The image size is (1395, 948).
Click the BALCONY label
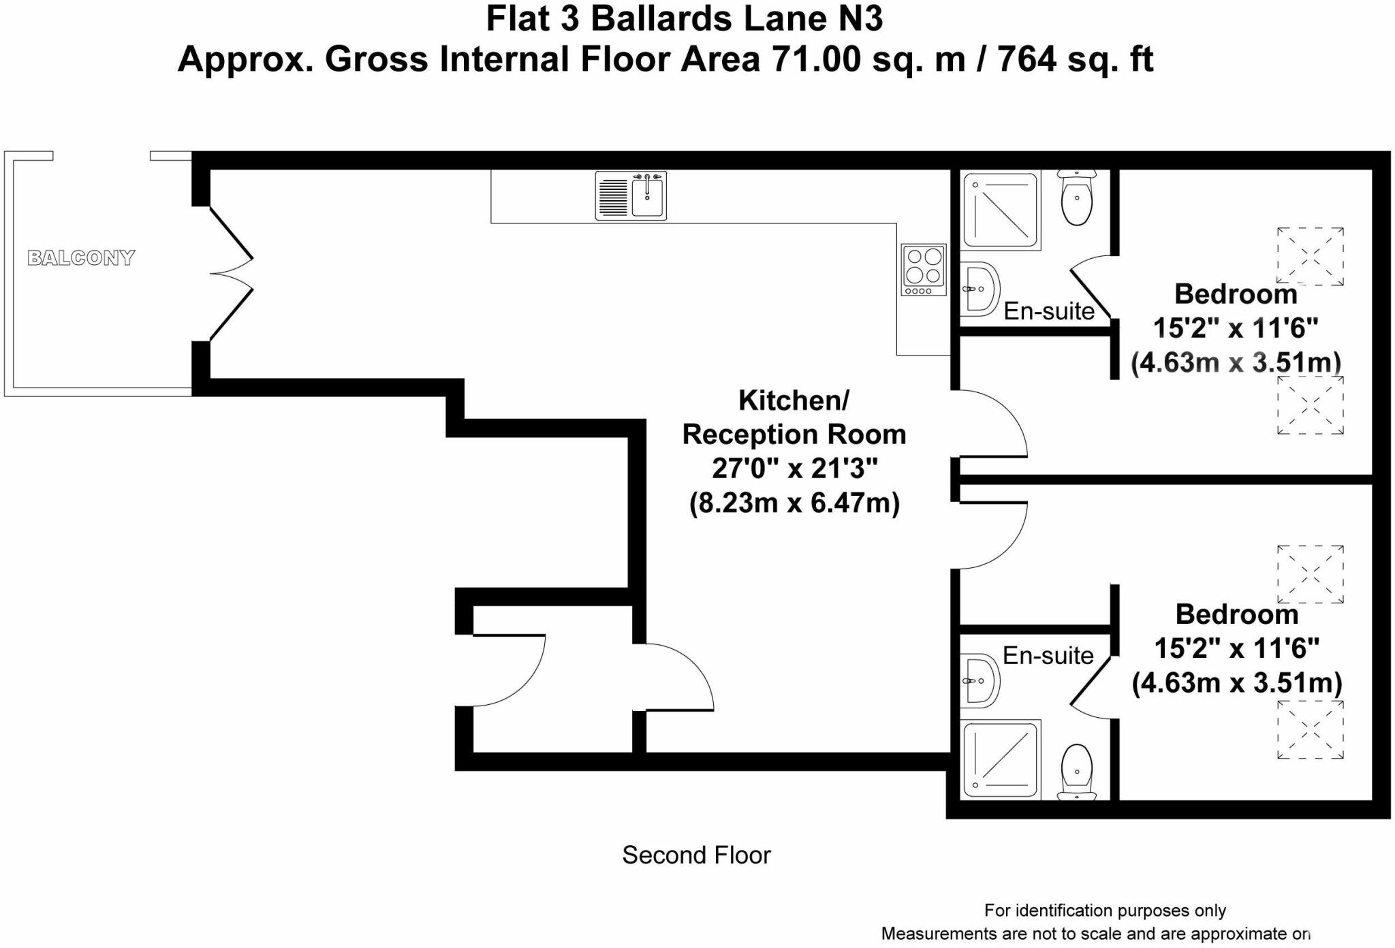(81, 257)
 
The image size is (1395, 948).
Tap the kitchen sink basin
(647, 197)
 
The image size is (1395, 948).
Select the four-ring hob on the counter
(924, 270)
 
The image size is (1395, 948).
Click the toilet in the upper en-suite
(1076, 197)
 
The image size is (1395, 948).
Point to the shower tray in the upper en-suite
(1001, 210)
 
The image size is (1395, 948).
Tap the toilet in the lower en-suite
(1076, 772)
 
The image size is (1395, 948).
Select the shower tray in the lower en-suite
(1001, 759)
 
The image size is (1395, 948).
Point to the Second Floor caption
(696, 855)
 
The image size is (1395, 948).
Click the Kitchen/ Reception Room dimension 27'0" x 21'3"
(794, 469)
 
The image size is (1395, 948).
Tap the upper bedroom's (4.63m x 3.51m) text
(1236, 362)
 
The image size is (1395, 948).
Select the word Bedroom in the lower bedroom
(1237, 614)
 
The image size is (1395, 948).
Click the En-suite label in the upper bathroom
(1049, 311)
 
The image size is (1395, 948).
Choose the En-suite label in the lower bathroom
(1048, 655)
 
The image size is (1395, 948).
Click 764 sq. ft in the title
(1076, 59)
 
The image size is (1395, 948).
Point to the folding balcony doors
(231, 273)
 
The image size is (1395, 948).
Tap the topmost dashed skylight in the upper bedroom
(1311, 256)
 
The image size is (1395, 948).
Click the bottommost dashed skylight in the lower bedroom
(1311, 730)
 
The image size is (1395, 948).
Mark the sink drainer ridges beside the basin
(613, 197)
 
